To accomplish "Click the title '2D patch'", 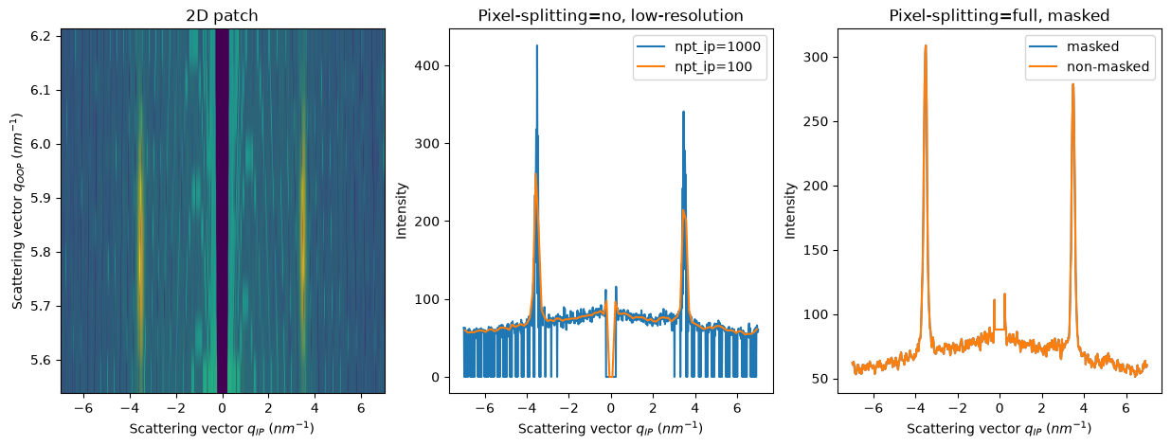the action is click(x=222, y=16).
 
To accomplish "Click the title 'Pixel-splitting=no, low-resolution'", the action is click(x=610, y=16).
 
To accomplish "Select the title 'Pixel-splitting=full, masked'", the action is click(x=999, y=16).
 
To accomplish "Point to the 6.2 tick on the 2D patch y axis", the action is click(x=40, y=36).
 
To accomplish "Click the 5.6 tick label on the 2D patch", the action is click(x=40, y=361).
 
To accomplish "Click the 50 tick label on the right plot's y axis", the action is click(x=820, y=379).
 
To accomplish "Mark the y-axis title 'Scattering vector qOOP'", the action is click(x=17, y=210).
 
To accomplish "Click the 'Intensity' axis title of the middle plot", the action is click(x=402, y=210).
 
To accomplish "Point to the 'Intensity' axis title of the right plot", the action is click(x=790, y=210).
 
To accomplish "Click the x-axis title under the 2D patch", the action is click(x=222, y=429).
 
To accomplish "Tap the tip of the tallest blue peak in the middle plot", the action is click(x=537, y=45).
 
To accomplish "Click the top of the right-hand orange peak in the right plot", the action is click(x=1072, y=84).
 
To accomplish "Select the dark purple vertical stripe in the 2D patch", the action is click(x=223, y=210).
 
